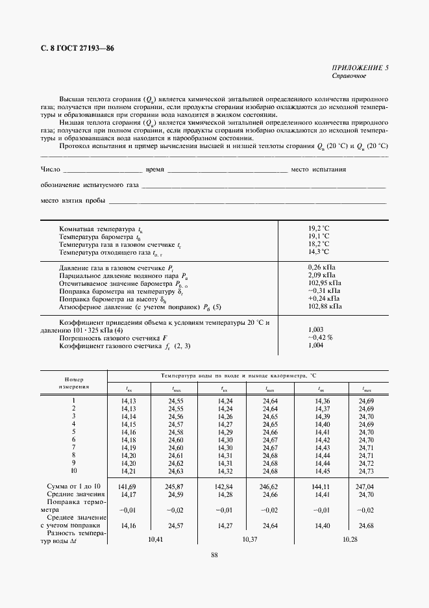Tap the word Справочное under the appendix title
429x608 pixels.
tap(349, 76)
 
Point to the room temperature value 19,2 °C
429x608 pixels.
tap(319, 229)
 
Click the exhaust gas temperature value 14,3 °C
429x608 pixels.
tap(319, 251)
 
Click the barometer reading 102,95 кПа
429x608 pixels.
tap(325, 283)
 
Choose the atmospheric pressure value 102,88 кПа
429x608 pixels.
tap(325, 306)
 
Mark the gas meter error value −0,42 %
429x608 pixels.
tap(320, 338)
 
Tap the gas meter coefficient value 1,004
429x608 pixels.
tap(316, 346)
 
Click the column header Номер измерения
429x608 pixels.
tap(75, 381)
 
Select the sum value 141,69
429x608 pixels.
tap(128, 486)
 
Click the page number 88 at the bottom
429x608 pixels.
tap(214, 554)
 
